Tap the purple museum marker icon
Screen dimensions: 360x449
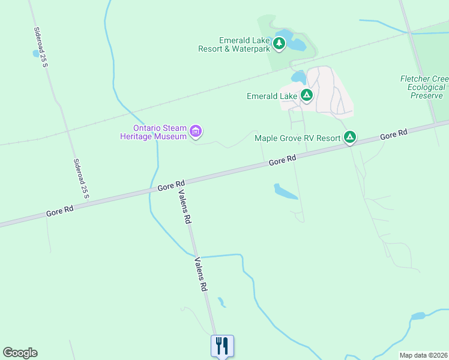[196, 131]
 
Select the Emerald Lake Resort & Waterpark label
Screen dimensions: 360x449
[234, 44]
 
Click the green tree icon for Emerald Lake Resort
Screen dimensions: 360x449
[279, 43]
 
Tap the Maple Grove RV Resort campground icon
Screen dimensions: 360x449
[350, 137]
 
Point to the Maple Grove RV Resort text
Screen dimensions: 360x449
[298, 138]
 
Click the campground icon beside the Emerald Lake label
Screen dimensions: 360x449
[307, 95]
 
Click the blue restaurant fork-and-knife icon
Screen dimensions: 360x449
[221, 345]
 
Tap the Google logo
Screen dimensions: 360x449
[20, 353]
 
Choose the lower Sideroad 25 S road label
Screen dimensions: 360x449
[81, 178]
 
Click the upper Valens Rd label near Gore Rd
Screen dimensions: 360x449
[184, 207]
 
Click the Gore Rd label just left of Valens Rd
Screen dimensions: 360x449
[171, 185]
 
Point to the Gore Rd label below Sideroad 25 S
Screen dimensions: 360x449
[60, 211]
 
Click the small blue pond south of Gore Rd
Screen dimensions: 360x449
[285, 192]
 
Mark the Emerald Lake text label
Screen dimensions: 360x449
[272, 96]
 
